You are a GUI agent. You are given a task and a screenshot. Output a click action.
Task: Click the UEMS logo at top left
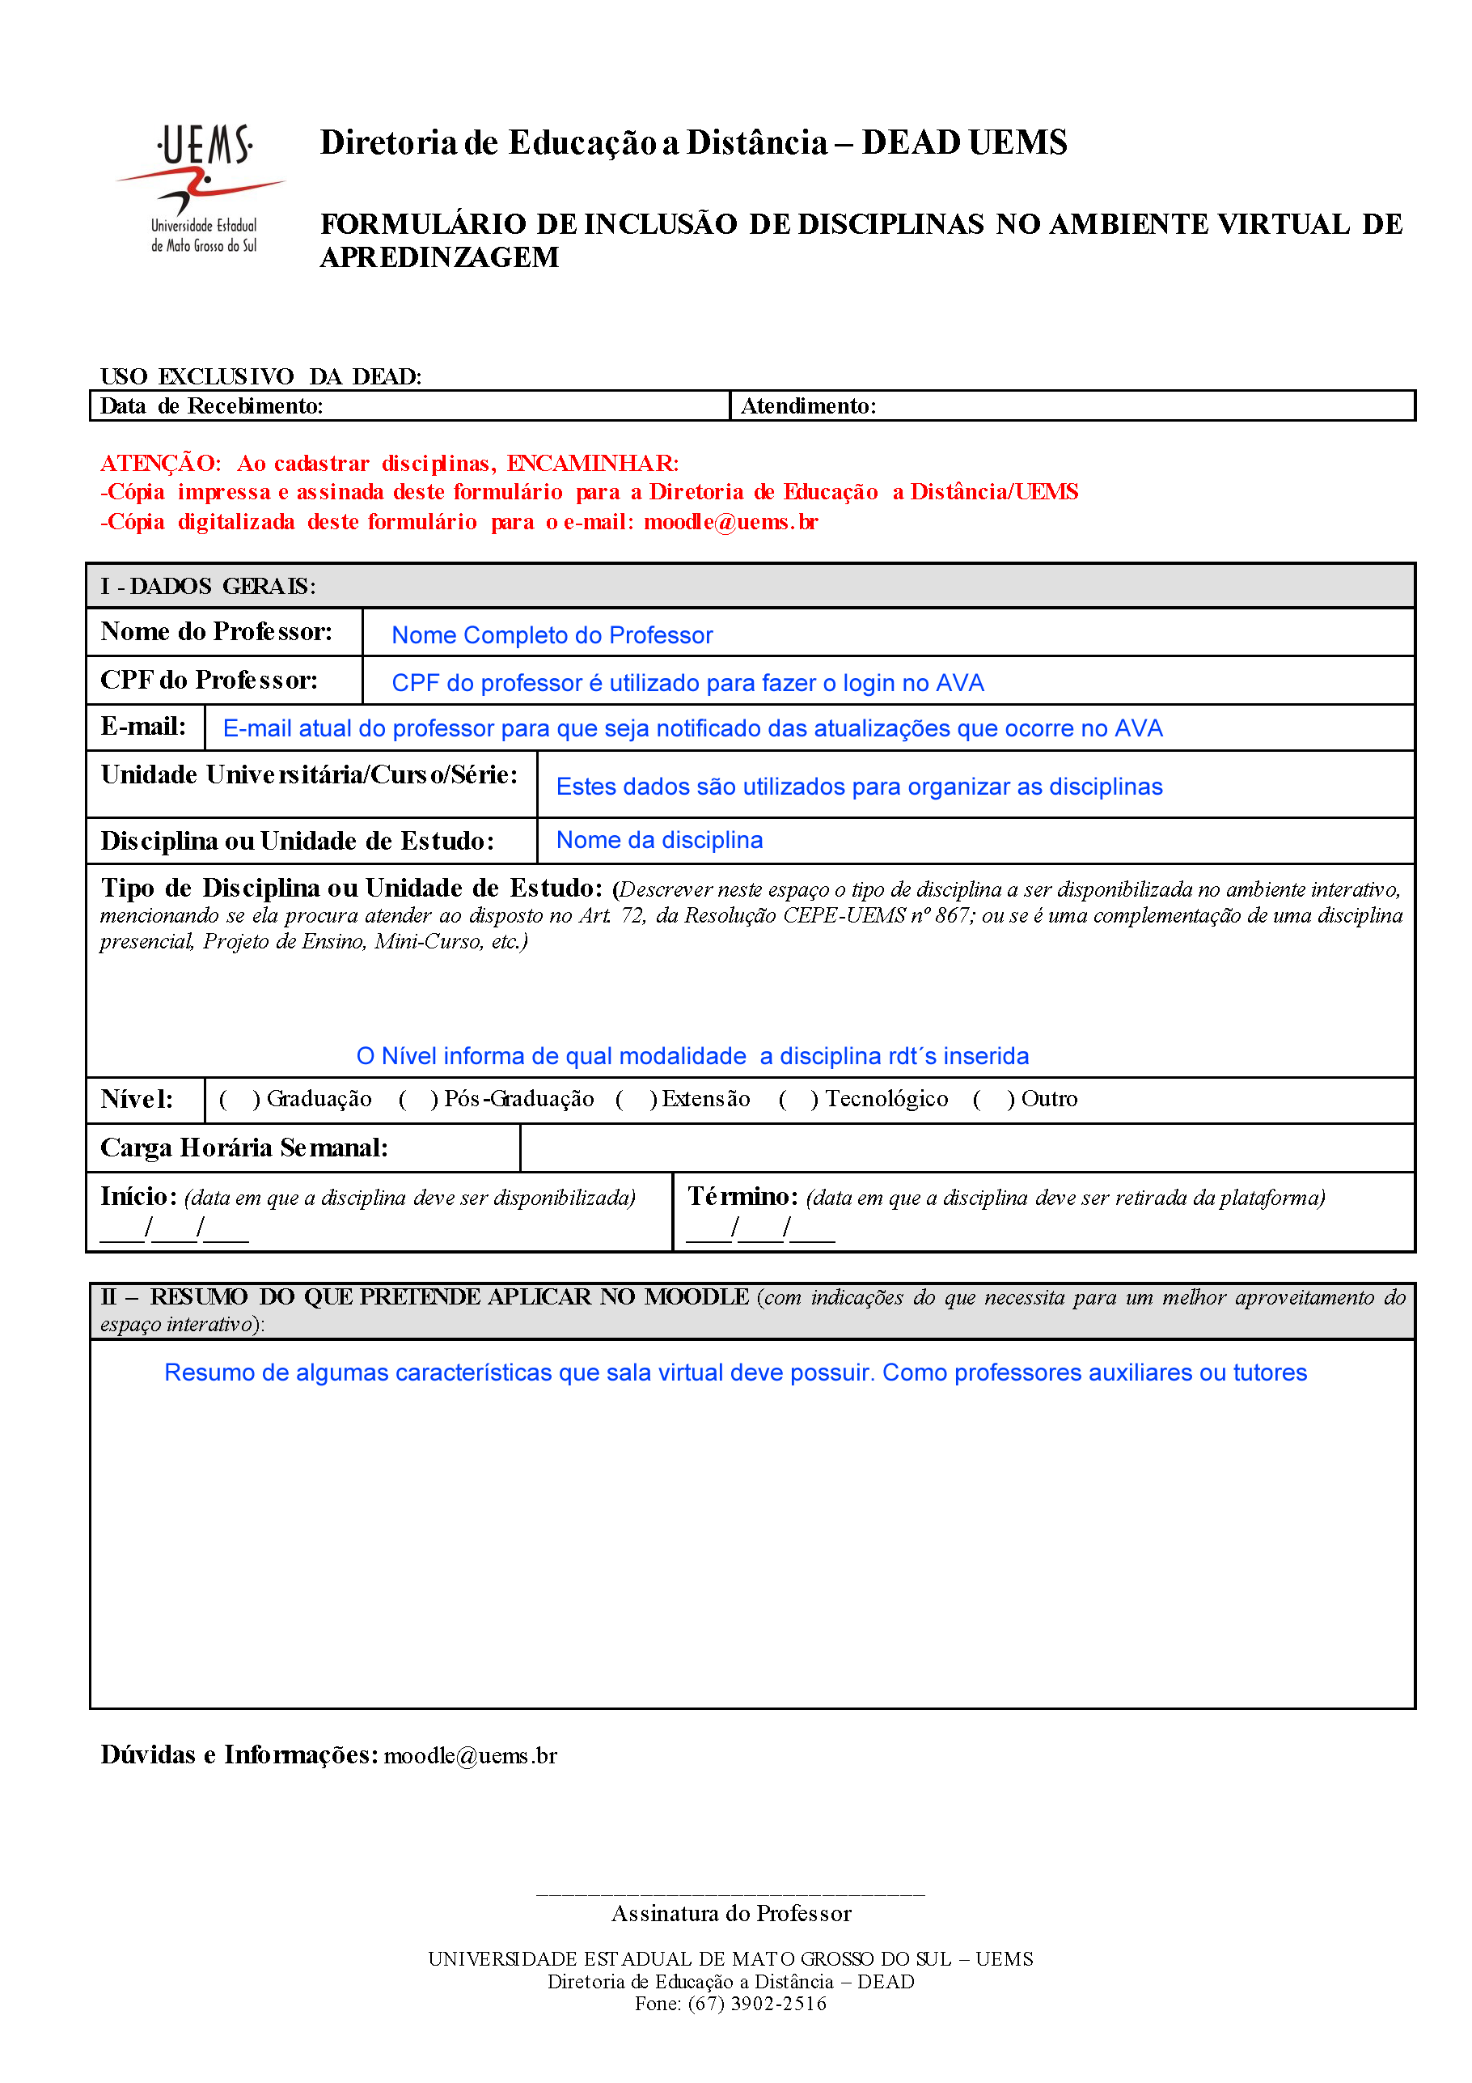[x=201, y=189]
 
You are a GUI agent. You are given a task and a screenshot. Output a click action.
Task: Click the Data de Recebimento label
[x=211, y=406]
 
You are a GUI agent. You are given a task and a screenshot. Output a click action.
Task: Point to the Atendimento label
[x=808, y=406]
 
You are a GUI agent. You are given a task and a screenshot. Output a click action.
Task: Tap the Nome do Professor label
[x=217, y=631]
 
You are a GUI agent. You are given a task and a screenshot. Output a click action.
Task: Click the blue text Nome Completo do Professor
[x=552, y=635]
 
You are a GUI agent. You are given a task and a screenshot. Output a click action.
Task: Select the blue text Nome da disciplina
[x=659, y=840]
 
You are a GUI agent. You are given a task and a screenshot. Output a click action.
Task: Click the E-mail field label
[x=143, y=727]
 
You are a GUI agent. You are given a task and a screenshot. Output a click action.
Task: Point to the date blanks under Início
[x=174, y=1229]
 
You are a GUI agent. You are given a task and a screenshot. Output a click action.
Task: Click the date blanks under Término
[x=760, y=1229]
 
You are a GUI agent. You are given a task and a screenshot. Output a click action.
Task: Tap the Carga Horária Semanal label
[x=244, y=1148]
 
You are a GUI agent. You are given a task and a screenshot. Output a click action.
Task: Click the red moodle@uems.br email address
[x=730, y=523]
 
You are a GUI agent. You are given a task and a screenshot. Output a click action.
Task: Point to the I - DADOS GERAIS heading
[x=209, y=587]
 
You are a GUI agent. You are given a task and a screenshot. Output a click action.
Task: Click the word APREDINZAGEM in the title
[x=440, y=257]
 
